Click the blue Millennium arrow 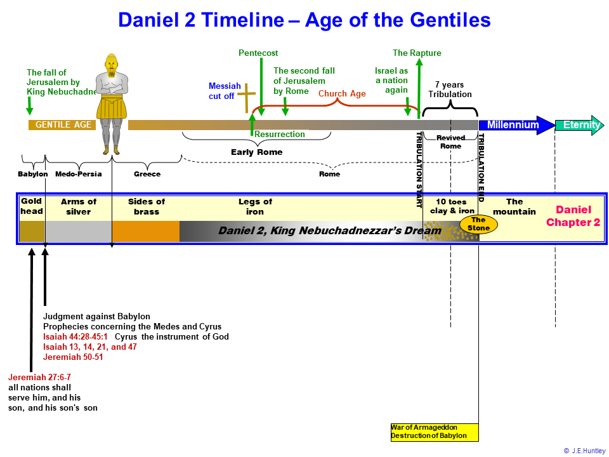click(x=516, y=125)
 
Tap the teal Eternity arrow click(x=579, y=125)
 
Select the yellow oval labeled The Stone click(x=478, y=224)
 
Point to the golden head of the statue click(x=112, y=64)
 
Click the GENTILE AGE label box click(x=62, y=125)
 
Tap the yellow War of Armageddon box click(x=435, y=432)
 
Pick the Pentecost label click(x=258, y=53)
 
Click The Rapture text click(x=417, y=53)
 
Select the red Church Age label click(x=342, y=94)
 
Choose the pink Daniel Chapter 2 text click(x=573, y=216)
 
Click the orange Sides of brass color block click(x=146, y=231)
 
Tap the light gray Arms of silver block click(x=79, y=231)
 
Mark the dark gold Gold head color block click(x=32, y=231)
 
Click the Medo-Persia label click(x=79, y=174)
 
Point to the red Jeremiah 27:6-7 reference click(x=39, y=377)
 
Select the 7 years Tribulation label click(x=450, y=89)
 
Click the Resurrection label click(x=280, y=134)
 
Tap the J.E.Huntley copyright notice click(x=584, y=451)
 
